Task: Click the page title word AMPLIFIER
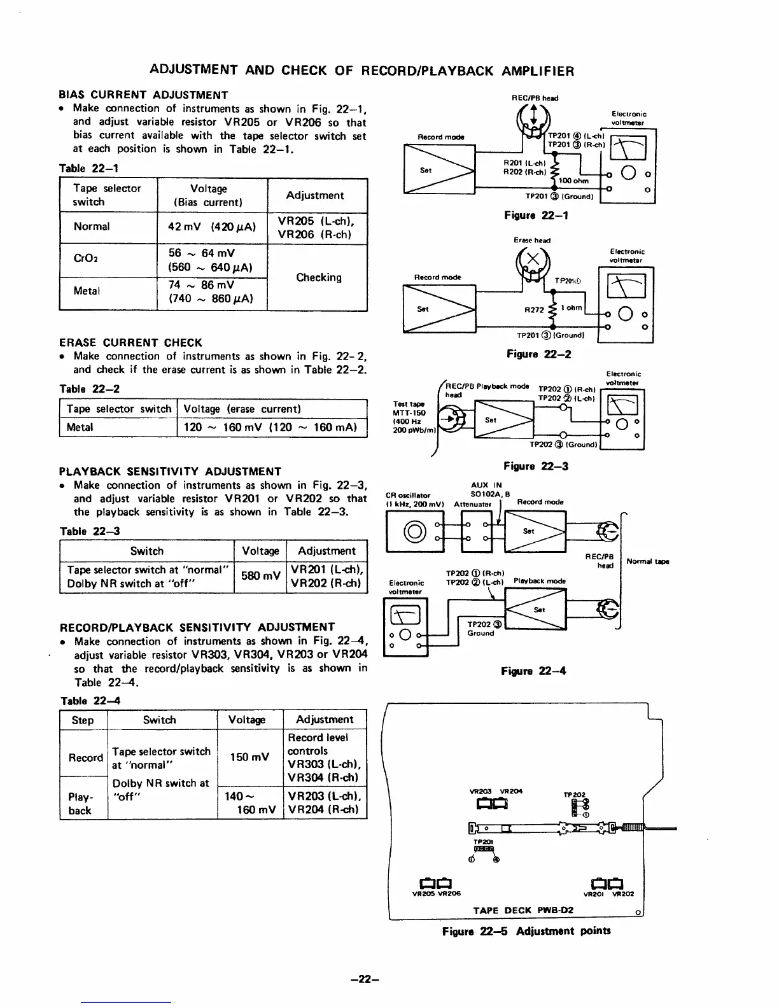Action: tap(537, 71)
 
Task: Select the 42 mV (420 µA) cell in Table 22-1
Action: tap(212, 227)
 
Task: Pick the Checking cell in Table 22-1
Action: tap(318, 277)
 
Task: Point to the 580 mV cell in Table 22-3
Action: tap(261, 576)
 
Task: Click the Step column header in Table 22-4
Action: tap(83, 720)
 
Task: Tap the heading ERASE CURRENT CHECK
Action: tap(130, 342)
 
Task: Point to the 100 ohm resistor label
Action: tap(572, 181)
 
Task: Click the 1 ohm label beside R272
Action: tap(574, 307)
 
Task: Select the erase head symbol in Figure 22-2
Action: tap(533, 258)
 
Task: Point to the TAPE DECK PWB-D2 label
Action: tap(523, 910)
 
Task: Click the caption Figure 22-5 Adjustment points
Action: tap(526, 931)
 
